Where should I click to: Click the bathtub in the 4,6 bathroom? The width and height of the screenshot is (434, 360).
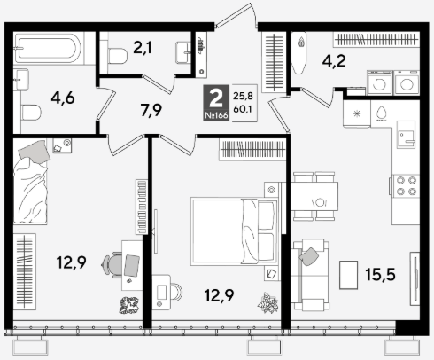47,48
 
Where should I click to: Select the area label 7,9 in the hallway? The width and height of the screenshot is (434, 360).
151,110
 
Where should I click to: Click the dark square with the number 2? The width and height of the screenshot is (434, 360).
216,103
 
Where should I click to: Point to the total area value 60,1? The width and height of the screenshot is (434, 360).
243,109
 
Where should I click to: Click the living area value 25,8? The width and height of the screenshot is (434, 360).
243,96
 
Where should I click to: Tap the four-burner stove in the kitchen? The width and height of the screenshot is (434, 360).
406,185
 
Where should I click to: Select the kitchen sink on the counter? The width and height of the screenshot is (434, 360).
406,135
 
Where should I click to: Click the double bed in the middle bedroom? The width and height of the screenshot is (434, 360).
234,231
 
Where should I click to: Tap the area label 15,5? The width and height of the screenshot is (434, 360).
380,274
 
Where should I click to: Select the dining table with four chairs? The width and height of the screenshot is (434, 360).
314,197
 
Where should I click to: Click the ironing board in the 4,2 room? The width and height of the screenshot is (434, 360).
298,53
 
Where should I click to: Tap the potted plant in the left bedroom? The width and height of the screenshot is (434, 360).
129,305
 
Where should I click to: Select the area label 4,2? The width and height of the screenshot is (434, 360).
334,61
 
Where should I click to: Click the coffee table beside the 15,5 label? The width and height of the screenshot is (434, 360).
348,275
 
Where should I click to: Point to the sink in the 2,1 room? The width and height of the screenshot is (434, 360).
183,52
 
